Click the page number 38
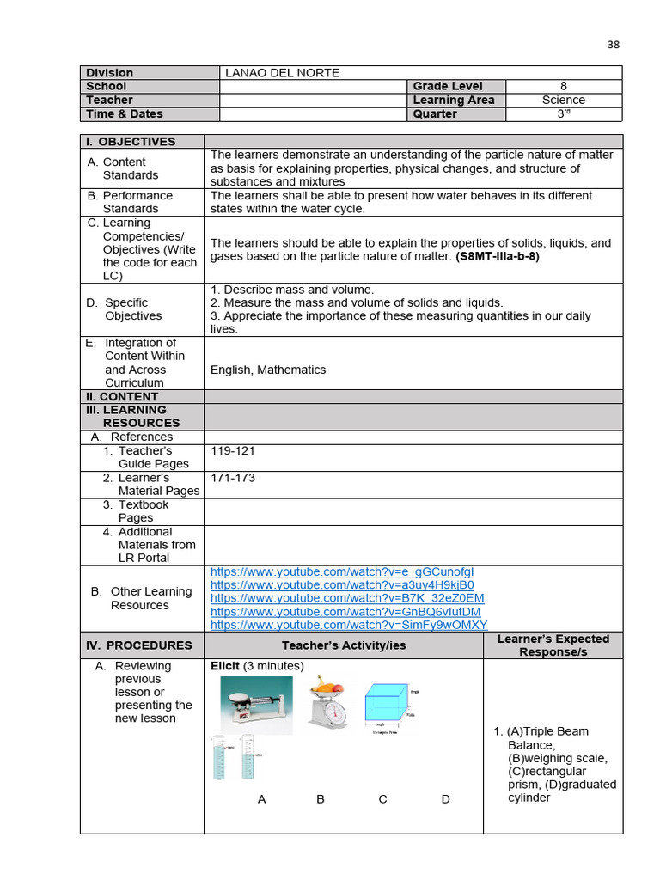tap(613, 45)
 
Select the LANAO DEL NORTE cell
tap(282, 73)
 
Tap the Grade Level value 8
tap(563, 86)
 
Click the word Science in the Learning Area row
tap(563, 100)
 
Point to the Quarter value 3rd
tap(564, 113)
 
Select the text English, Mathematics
tap(268, 370)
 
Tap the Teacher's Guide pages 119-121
tap(233, 450)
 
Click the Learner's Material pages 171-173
tap(233, 478)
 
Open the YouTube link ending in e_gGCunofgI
tap(342, 571)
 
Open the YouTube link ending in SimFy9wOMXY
tap(349, 625)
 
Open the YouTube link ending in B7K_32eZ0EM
tap(347, 598)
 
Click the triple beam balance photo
tap(256, 706)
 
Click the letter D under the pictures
tap(445, 799)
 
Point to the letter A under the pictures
tap(262, 799)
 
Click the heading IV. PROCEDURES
tap(138, 645)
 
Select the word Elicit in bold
tap(225, 666)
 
